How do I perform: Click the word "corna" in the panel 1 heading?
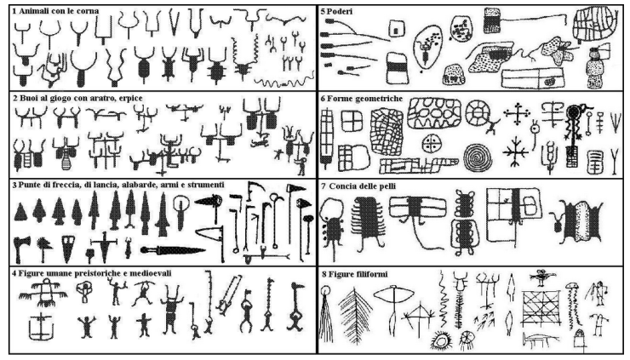88,11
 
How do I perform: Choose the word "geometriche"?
380,99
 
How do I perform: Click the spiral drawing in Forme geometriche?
478,157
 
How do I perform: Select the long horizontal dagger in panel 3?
173,250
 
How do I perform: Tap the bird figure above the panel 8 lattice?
542,277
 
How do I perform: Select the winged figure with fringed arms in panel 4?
43,294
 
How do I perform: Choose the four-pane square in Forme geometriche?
352,121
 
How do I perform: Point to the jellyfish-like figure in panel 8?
573,301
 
